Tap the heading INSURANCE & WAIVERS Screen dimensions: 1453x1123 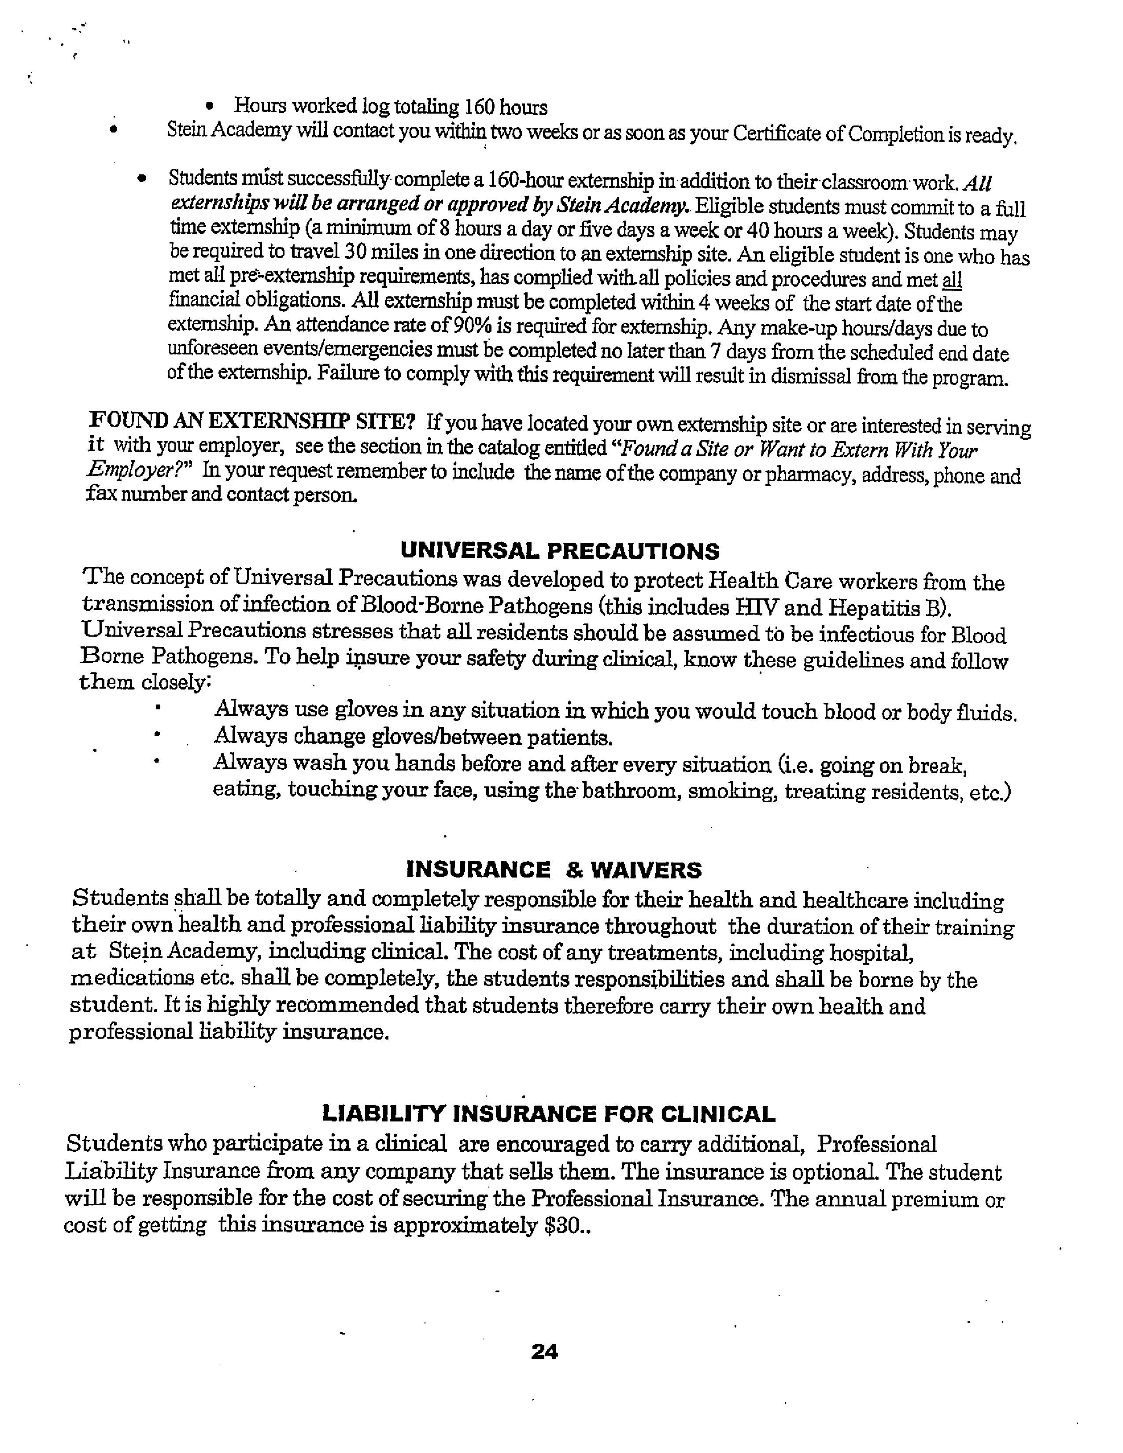tap(554, 870)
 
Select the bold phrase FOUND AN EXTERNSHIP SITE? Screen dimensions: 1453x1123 tap(252, 422)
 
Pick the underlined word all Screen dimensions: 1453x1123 tap(953, 280)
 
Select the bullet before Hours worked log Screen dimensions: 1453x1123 tap(210, 107)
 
